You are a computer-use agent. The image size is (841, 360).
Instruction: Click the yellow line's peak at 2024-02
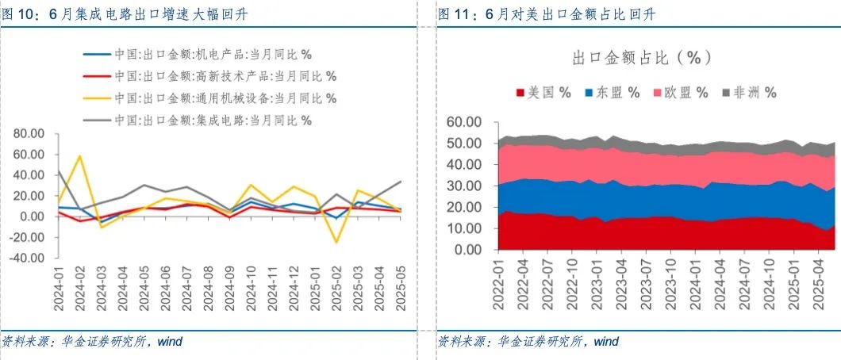point(80,155)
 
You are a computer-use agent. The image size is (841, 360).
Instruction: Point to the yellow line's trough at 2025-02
point(336,242)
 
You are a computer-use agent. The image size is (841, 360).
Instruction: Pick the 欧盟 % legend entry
point(681,92)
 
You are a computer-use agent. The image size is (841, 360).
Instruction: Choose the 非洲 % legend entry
point(749,92)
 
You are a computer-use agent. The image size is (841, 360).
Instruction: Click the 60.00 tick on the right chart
point(464,122)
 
